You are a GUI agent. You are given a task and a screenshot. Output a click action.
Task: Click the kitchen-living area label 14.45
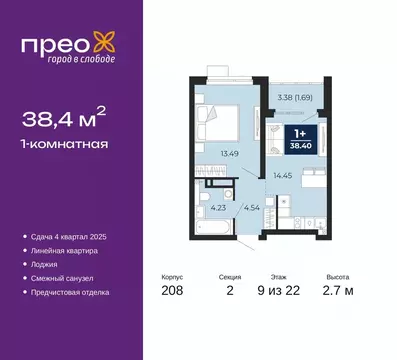[x=284, y=176]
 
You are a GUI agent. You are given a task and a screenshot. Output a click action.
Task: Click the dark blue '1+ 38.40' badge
[x=300, y=137]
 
